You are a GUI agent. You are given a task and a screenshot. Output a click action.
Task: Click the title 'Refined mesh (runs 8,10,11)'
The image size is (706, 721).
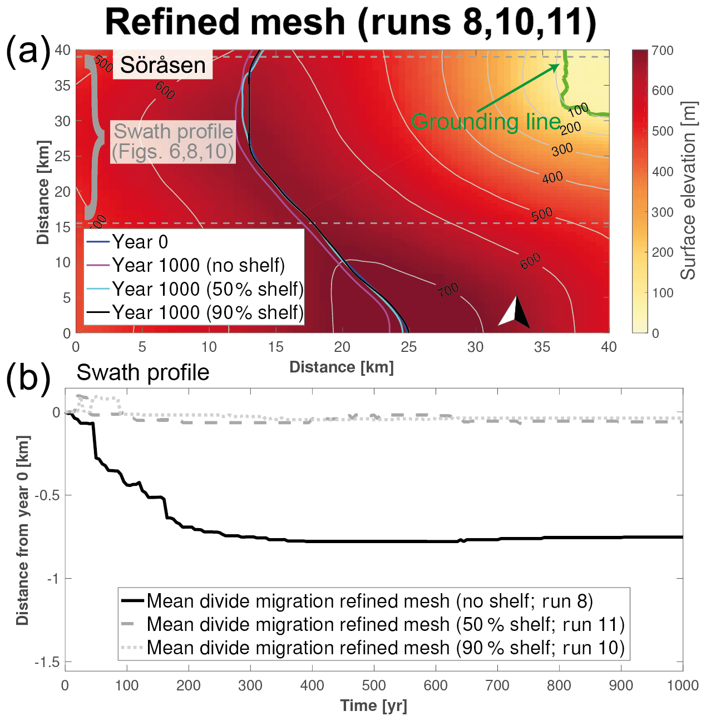350,22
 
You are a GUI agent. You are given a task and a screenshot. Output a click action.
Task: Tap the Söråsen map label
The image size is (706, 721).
162,65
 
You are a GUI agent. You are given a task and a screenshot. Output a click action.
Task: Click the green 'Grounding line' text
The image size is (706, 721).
486,122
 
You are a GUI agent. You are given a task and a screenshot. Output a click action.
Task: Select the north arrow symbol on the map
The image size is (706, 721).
515,311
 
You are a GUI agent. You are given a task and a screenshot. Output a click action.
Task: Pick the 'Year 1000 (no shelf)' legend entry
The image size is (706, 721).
198,266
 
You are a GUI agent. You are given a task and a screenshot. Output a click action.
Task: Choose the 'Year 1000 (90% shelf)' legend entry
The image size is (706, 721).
208,313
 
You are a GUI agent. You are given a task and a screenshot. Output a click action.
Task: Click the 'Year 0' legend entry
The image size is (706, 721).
140,242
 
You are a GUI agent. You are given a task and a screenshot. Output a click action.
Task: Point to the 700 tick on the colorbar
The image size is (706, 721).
662,51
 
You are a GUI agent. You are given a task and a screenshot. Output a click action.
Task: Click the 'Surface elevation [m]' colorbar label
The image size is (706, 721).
689,191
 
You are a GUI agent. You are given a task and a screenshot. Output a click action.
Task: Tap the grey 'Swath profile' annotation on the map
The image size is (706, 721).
173,141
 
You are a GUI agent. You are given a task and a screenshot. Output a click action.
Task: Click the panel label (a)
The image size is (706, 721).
28,51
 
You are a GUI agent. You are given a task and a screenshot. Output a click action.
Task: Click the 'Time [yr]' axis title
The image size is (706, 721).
373,706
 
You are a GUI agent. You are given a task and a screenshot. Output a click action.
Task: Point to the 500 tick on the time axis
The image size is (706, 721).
373,685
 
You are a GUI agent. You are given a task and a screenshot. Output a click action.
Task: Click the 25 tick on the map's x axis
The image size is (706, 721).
408,347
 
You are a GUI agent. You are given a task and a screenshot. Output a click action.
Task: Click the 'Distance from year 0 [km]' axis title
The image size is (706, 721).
23,530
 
